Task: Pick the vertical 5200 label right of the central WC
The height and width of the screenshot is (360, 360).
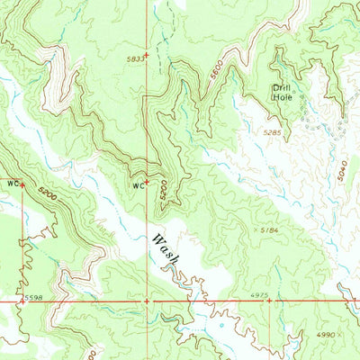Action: pyautogui.click(x=163, y=190)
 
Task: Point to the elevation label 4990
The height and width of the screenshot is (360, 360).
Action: pyautogui.click(x=327, y=334)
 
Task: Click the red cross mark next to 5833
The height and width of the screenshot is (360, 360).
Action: pyautogui.click(x=147, y=62)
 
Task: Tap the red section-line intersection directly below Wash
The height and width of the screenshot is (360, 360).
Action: pyautogui.click(x=147, y=300)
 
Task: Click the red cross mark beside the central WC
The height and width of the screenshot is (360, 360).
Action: pyautogui.click(x=147, y=183)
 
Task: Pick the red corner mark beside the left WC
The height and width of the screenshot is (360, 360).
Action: pyautogui.click(x=22, y=185)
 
